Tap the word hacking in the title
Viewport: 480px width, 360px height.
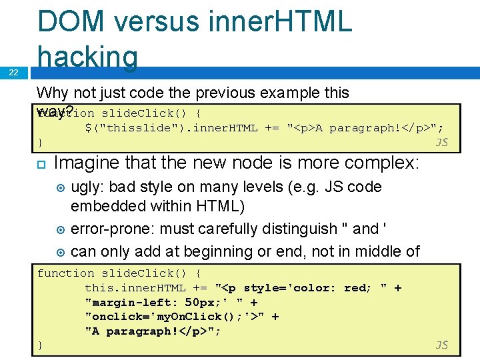88,56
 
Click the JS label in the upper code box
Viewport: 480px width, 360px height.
441,142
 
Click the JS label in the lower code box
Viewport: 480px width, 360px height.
441,345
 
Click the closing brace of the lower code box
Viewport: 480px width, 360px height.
40,345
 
